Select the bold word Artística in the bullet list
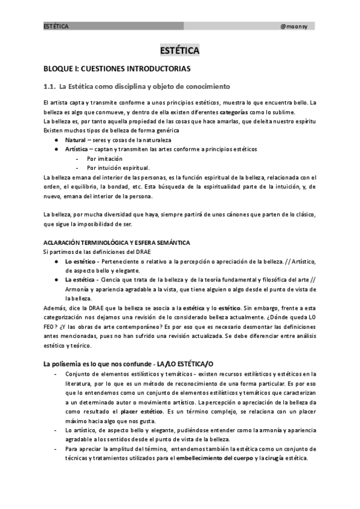click(x=77, y=149)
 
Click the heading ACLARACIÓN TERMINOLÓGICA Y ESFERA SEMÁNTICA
click(x=117, y=242)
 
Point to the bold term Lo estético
click(x=82, y=262)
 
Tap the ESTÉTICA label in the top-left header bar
click(x=56, y=26)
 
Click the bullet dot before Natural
click(x=56, y=139)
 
